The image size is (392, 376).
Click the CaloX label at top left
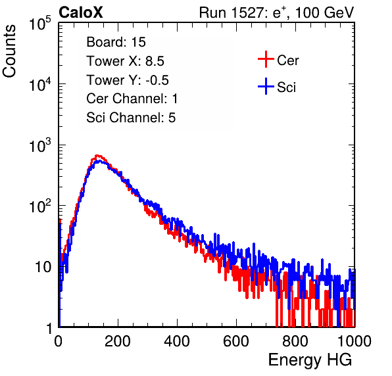tap(81, 12)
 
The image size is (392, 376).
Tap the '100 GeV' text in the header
tap(324, 12)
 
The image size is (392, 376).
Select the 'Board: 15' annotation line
tap(116, 42)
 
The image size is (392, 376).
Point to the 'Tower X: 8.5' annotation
tap(125, 61)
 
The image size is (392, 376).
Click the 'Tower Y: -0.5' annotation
tap(128, 80)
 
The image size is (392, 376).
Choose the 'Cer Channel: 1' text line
tap(132, 99)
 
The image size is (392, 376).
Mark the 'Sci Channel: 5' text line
tap(131, 118)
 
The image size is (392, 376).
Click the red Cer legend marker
tap(266, 59)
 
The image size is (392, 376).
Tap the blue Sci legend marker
tap(266, 86)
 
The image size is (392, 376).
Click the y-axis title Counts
tap(9, 51)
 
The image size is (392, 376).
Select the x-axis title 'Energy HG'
tap(310, 360)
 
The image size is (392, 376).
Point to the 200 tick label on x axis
tap(118, 341)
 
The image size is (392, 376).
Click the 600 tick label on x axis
tap(236, 341)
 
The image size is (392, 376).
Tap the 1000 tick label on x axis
tap(355, 341)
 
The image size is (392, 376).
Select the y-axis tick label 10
tap(43, 268)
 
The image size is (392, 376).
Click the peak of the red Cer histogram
tap(97, 155)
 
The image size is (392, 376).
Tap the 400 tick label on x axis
tap(177, 341)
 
